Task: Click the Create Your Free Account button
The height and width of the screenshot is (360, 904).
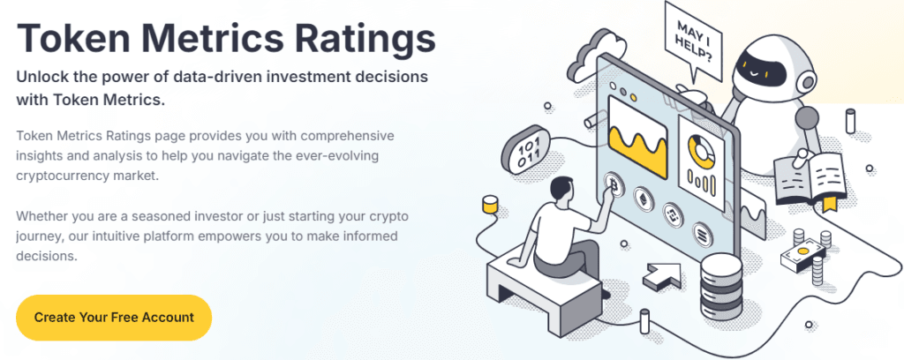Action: point(114,318)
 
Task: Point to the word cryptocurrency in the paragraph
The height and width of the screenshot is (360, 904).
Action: point(61,176)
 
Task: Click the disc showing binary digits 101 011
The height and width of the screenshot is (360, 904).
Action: point(525,149)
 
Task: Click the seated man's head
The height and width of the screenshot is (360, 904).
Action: point(561,191)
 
